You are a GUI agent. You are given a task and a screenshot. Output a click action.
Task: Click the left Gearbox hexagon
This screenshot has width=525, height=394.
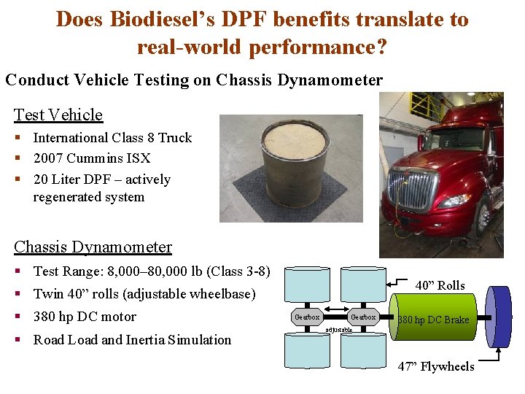click(x=308, y=317)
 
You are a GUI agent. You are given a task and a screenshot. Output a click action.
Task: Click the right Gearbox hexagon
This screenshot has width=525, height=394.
click(x=362, y=317)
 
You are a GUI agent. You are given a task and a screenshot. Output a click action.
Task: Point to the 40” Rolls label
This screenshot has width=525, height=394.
click(x=440, y=285)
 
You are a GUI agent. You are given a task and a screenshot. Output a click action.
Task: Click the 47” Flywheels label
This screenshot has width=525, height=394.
click(x=436, y=366)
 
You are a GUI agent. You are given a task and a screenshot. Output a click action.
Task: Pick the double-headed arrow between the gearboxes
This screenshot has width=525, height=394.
click(x=335, y=317)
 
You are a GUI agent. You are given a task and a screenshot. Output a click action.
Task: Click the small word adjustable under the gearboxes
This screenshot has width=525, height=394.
click(x=338, y=330)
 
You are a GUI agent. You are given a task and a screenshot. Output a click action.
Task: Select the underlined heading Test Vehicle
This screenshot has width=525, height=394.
click(x=58, y=115)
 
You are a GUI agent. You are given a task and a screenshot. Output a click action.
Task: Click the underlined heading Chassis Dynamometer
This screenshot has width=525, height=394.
click(x=93, y=247)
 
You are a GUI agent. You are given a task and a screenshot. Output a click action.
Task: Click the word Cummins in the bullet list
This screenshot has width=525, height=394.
click(x=101, y=158)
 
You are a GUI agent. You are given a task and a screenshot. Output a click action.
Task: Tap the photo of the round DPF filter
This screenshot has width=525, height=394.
click(x=291, y=168)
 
